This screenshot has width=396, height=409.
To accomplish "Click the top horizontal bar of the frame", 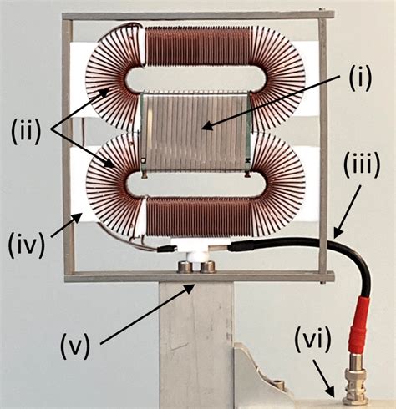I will click(x=197, y=16).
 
